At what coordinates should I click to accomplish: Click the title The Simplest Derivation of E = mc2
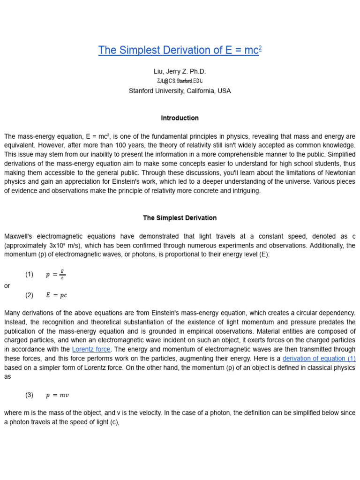tap(180, 51)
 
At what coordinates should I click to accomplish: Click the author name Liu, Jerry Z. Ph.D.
tap(180, 72)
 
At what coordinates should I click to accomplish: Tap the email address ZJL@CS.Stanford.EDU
tap(180, 81)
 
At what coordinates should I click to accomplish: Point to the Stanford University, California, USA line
tap(180, 91)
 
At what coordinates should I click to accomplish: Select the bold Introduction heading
tap(180, 118)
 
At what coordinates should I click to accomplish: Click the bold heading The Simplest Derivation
tap(180, 218)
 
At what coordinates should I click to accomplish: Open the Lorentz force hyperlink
tap(91, 349)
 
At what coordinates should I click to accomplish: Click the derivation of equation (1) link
tap(319, 359)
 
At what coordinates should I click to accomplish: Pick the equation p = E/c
tap(56, 275)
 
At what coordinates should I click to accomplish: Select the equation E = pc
tap(56, 295)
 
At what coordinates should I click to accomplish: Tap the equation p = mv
tap(57, 395)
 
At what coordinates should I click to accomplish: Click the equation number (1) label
tap(30, 275)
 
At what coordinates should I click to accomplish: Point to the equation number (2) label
tap(30, 295)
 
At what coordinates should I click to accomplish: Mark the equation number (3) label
tap(30, 395)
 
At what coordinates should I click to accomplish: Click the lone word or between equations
tap(7, 285)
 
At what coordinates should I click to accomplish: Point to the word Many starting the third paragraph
tap(13, 313)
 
